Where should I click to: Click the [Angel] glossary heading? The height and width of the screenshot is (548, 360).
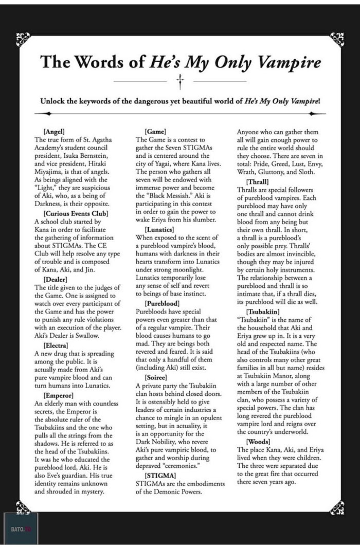click(55, 131)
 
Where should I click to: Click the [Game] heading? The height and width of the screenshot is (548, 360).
click(155, 131)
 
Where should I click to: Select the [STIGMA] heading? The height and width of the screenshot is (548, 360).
click(160, 475)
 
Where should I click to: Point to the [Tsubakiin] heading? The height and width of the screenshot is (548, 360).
click(265, 312)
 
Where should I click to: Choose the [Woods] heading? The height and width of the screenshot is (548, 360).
click(260, 442)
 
